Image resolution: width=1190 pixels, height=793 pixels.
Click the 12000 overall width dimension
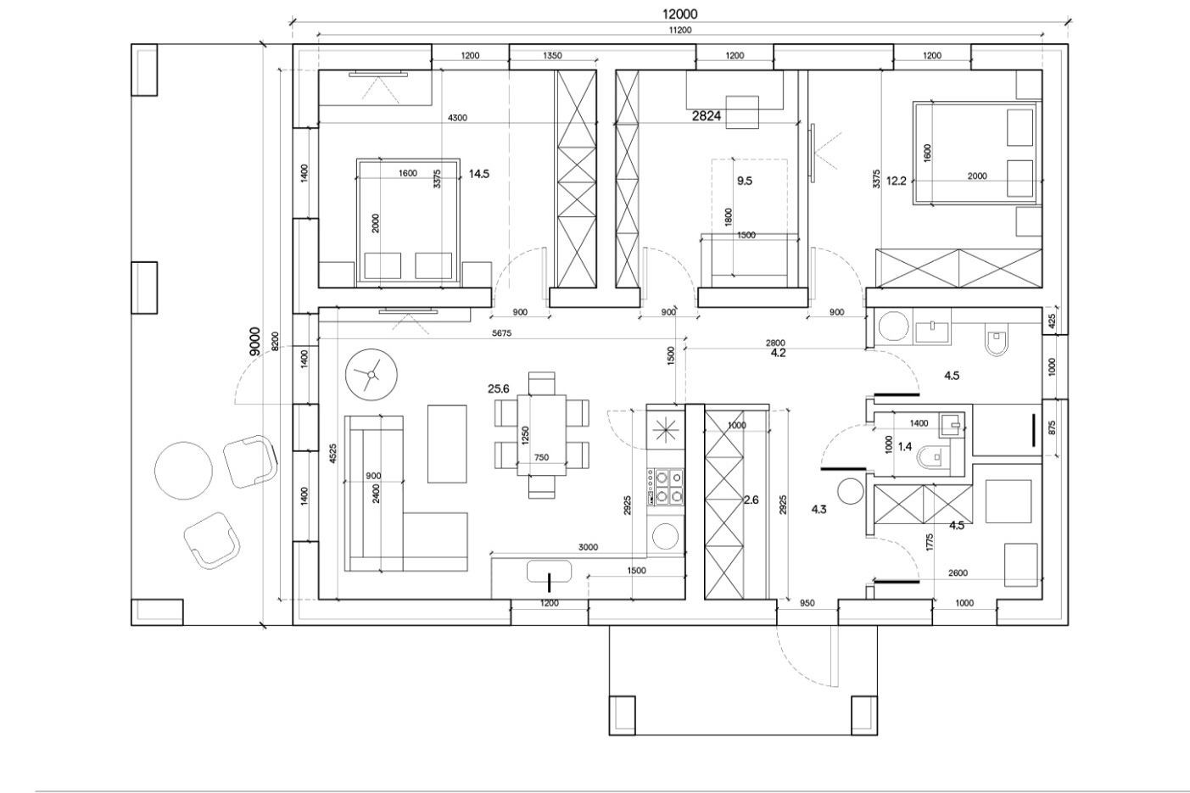click(679, 14)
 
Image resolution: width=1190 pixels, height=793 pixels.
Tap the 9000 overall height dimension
click(255, 342)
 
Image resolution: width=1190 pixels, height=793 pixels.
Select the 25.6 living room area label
click(499, 388)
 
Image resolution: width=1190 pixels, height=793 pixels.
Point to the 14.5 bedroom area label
click(478, 174)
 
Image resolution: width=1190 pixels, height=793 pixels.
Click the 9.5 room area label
click(745, 181)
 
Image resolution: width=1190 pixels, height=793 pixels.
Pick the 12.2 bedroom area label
click(896, 181)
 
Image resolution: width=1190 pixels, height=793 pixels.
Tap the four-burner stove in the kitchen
click(665, 487)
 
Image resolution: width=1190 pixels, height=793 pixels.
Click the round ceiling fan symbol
click(372, 375)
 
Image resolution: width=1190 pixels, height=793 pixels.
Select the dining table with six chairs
click(542, 435)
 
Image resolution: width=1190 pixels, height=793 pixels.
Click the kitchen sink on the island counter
click(549, 572)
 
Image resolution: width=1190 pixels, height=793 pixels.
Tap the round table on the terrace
click(183, 471)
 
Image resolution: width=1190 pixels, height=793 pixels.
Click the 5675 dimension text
click(501, 333)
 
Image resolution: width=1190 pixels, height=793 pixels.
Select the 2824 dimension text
click(706, 116)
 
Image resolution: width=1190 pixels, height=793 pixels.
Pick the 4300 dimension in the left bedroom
click(457, 118)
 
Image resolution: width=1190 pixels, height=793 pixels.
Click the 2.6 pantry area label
click(751, 500)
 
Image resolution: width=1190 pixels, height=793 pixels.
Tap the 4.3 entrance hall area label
click(818, 510)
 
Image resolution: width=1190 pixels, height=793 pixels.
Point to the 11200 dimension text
click(680, 31)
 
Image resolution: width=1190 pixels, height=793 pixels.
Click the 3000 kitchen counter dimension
click(588, 547)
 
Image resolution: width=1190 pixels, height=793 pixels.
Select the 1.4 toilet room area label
click(905, 447)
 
